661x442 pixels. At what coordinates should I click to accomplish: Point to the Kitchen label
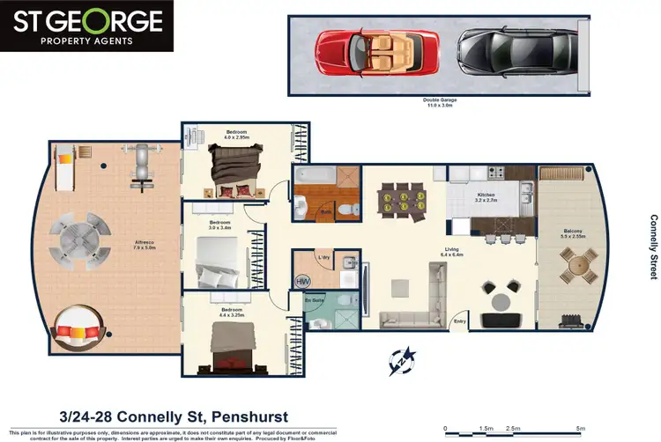click(x=486, y=197)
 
